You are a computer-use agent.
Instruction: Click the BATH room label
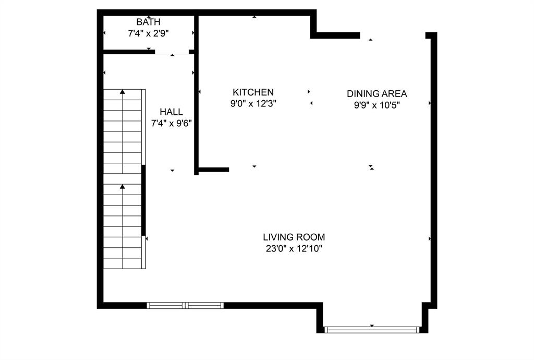[x=149, y=22]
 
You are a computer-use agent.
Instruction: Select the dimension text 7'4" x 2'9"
[x=149, y=33]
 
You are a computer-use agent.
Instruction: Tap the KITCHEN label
[x=253, y=92]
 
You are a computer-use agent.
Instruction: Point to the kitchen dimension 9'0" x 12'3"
[x=253, y=103]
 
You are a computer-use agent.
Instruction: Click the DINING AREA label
[x=377, y=94]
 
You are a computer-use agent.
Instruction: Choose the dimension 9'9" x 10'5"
[x=377, y=104]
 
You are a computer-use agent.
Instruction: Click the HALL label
[x=171, y=112]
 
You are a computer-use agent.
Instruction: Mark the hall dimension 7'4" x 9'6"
[x=171, y=123]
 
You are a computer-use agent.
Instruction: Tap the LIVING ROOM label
[x=294, y=237]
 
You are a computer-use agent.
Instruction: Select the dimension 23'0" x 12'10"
[x=294, y=249]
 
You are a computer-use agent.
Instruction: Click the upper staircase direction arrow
[x=123, y=92]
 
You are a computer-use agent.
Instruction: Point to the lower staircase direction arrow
[x=123, y=186]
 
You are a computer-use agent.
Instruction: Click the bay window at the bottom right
[x=372, y=329]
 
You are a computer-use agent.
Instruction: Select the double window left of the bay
[x=185, y=305]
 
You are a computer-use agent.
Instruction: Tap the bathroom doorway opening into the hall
[x=172, y=52]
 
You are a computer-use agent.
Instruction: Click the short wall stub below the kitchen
[x=213, y=170]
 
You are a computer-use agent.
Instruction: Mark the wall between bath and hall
[x=128, y=52]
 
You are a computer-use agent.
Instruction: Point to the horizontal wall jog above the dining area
[x=336, y=35]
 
